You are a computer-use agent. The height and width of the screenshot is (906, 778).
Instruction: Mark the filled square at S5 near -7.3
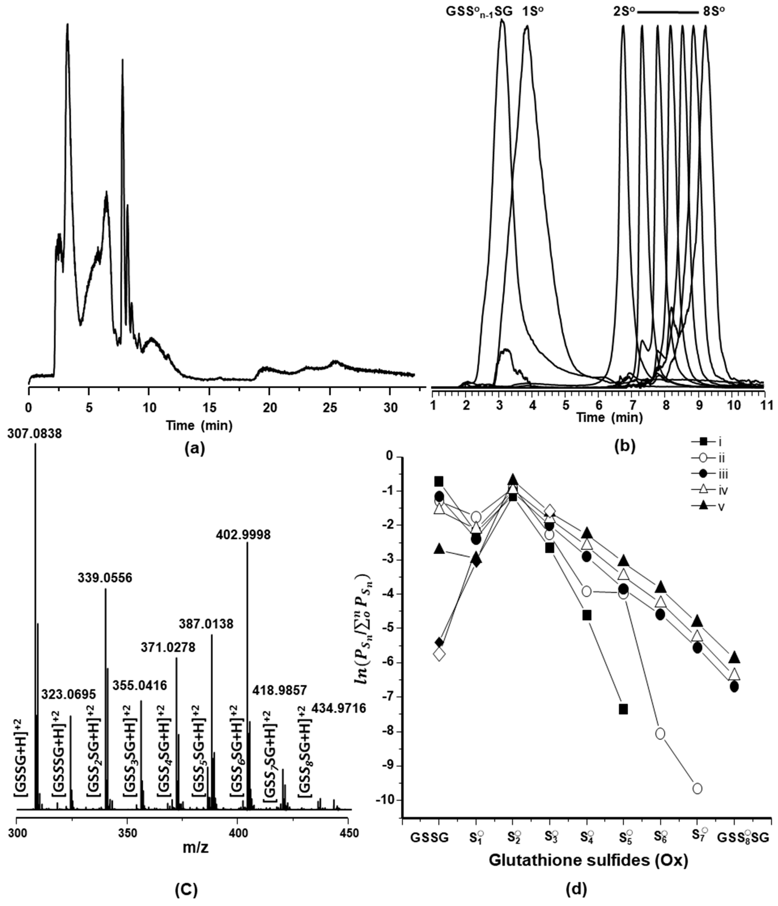[623, 709]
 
